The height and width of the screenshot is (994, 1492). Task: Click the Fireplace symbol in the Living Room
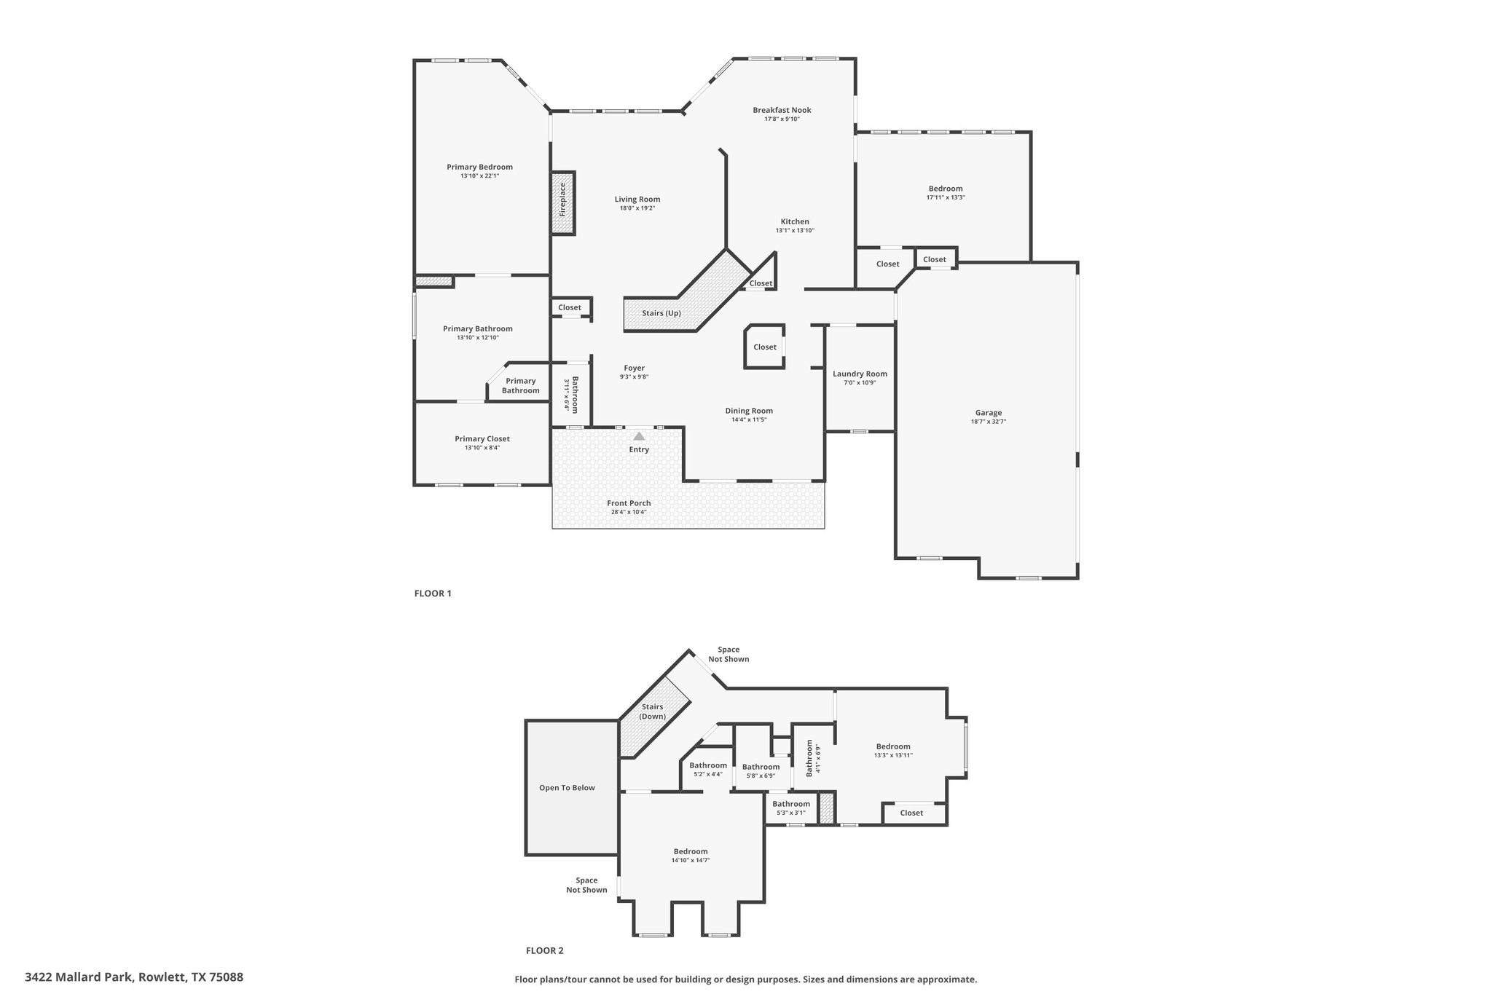pos(563,203)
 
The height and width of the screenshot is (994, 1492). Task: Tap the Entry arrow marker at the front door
pos(639,436)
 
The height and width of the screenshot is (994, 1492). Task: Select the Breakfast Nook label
pos(782,110)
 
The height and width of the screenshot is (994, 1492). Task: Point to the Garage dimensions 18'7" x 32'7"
pos(989,422)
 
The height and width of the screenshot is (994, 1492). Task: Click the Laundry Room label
pos(860,374)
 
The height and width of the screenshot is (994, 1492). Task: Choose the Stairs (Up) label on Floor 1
pos(661,313)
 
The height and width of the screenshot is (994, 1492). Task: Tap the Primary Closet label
pos(482,438)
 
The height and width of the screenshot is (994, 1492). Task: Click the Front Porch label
pos(629,503)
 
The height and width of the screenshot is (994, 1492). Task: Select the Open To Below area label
pos(567,787)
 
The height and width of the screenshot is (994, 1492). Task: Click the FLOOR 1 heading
pos(433,593)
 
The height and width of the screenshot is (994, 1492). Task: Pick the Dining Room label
pos(749,411)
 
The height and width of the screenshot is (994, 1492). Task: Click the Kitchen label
pos(795,221)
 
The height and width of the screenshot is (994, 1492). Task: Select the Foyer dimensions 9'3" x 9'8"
pos(634,376)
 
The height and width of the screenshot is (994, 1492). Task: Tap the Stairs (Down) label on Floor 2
pos(653,711)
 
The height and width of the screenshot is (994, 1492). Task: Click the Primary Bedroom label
pos(480,167)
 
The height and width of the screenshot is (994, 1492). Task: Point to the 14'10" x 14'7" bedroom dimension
pos(691,860)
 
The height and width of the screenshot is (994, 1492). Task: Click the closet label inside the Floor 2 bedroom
pos(911,813)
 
